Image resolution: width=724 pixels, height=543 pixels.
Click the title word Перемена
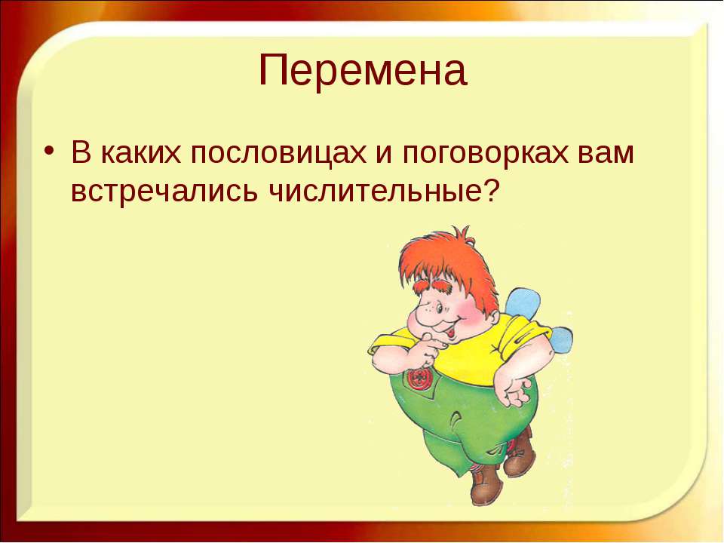click(x=363, y=70)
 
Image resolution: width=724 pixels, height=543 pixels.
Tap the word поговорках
click(x=485, y=155)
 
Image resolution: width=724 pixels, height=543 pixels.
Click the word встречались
click(x=164, y=192)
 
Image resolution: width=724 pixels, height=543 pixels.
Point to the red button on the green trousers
click(x=418, y=378)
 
